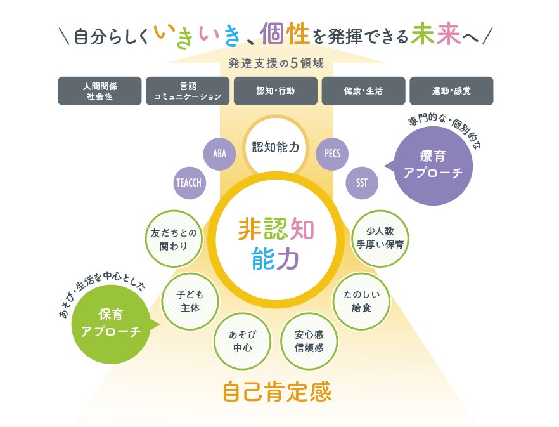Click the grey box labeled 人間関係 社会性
tap(100, 91)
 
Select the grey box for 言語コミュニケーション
tap(188, 91)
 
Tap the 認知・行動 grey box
tap(276, 91)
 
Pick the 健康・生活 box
tap(363, 91)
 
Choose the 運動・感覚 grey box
tap(451, 91)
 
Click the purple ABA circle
tap(219, 154)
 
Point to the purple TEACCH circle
tap(188, 182)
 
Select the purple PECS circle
tap(332, 154)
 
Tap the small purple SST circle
tap(362, 183)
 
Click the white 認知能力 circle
tap(275, 147)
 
